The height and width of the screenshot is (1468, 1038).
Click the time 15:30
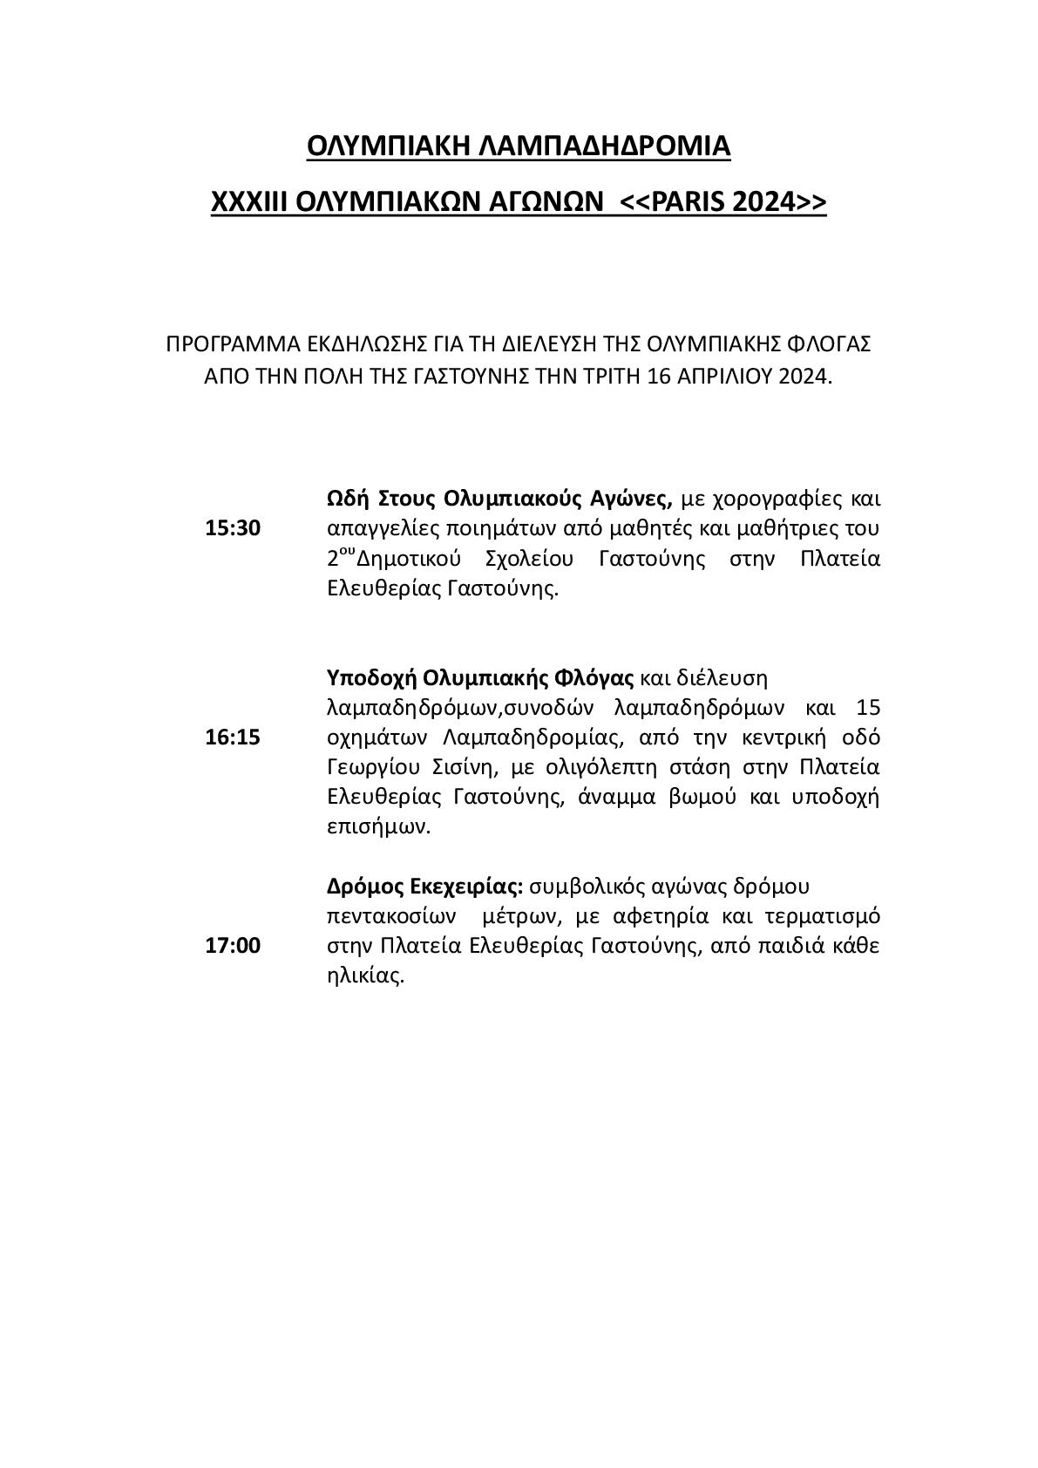click(x=233, y=528)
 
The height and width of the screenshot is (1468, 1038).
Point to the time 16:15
click(x=233, y=737)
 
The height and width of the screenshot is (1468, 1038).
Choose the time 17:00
click(x=233, y=946)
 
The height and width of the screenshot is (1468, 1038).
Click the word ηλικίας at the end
click(x=365, y=976)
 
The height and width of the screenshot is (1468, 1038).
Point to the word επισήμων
click(x=378, y=827)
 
